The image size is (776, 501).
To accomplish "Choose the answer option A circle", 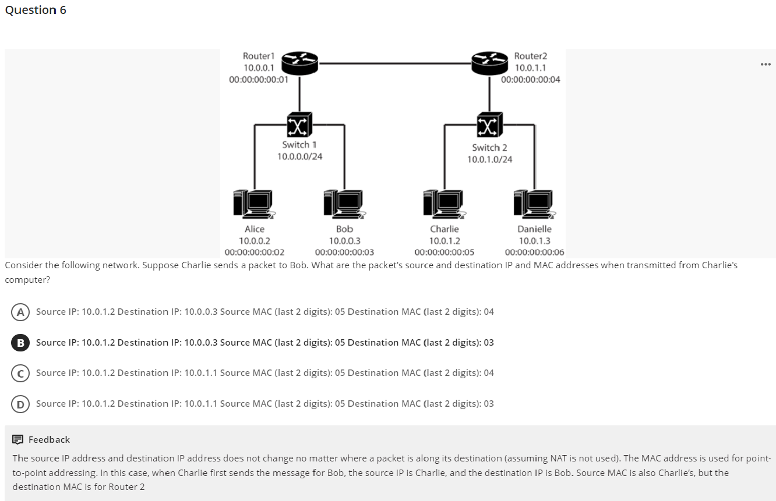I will tap(20, 312).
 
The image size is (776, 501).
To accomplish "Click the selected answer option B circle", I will tap(20, 343).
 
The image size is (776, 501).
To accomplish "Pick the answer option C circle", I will tap(20, 373).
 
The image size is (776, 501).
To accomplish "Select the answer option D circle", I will tap(20, 404).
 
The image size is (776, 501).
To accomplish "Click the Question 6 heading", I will tap(36, 10).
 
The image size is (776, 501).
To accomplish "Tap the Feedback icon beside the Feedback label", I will tap(18, 440).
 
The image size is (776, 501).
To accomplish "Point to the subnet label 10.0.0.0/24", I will tap(299, 156).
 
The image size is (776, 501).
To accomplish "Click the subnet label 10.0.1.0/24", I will tap(490, 159).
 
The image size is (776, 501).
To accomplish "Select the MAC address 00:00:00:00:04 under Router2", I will tap(531, 80).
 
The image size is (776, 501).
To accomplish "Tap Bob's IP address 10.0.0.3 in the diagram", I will tap(344, 241).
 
